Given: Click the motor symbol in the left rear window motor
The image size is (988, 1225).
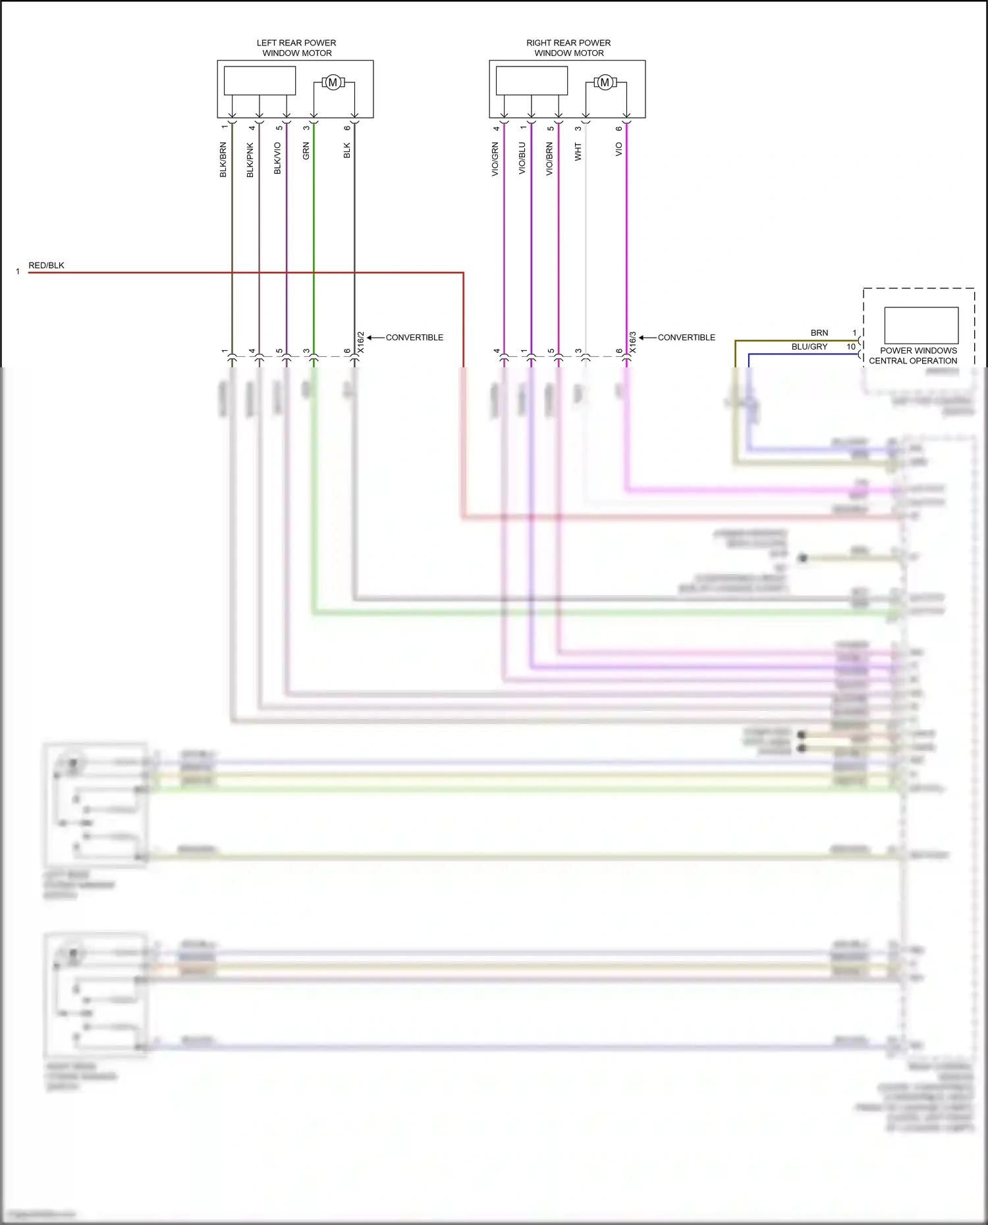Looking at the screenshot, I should coord(333,82).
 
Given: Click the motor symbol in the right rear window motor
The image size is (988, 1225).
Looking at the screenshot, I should coord(605,82).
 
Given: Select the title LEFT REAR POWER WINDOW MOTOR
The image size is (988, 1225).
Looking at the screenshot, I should coord(296,47).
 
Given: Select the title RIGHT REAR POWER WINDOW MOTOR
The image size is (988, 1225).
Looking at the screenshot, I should coord(568,47).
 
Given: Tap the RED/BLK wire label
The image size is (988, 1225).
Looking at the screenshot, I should coord(46,265).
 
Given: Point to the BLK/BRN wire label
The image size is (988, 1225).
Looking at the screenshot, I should coord(223,159).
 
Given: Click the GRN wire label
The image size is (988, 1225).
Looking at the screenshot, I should coord(306,151).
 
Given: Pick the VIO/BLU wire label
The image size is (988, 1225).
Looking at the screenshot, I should coord(522,158).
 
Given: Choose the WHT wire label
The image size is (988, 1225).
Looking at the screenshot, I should coord(578,151).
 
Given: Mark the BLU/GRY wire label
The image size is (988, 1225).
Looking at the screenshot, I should coord(809,346).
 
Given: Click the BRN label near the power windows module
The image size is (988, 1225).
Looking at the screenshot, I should coord(819,332).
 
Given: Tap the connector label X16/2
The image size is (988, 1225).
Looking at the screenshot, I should coord(360,342).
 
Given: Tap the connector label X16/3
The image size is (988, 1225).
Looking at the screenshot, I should coord(632,342).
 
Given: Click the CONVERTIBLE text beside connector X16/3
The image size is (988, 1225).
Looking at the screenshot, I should coord(686,337).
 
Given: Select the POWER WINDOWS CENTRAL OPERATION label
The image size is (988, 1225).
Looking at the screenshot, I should coord(914,355).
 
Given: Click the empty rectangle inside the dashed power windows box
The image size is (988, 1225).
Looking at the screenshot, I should coord(921,325).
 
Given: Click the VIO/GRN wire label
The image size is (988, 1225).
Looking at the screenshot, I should coord(495,159).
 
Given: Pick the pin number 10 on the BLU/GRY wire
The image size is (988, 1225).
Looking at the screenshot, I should coord(850,346).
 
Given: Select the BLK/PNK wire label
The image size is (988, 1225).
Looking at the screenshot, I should coord(250,160).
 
